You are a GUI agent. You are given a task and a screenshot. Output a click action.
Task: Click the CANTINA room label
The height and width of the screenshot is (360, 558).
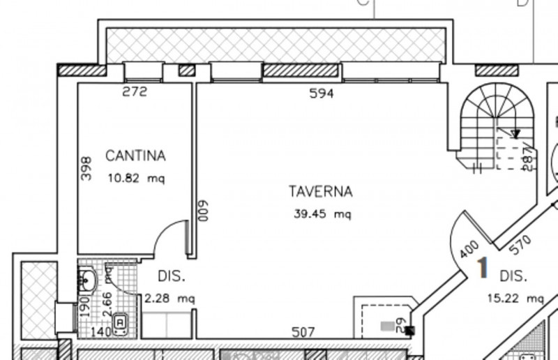pos(136,156)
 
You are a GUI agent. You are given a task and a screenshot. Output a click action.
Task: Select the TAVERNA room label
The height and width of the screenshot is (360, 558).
pos(322,191)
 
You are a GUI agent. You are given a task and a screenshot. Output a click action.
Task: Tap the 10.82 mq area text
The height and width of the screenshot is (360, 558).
pos(136,179)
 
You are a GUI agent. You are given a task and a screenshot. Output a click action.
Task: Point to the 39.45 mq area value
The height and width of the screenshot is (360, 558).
pos(322,214)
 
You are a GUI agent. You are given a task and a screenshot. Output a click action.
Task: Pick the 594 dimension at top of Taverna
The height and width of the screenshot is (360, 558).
pos(322,93)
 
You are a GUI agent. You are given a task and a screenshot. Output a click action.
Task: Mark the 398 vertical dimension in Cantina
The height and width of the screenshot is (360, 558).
pos(86,169)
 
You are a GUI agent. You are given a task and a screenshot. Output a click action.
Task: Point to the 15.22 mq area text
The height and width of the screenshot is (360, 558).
pos(515,298)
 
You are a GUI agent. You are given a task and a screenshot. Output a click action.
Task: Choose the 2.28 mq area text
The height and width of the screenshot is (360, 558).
pos(169,299)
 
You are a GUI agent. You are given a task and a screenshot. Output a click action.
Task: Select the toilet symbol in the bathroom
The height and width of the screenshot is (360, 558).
pos(120,322)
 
